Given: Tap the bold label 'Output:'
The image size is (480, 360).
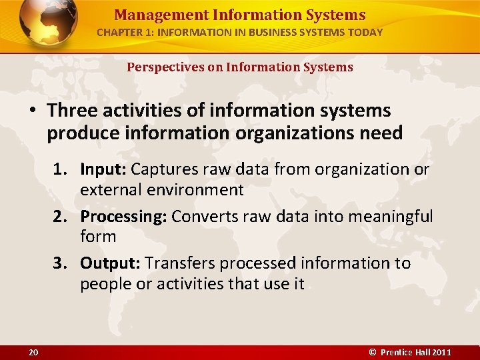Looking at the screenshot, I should (110, 263).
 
